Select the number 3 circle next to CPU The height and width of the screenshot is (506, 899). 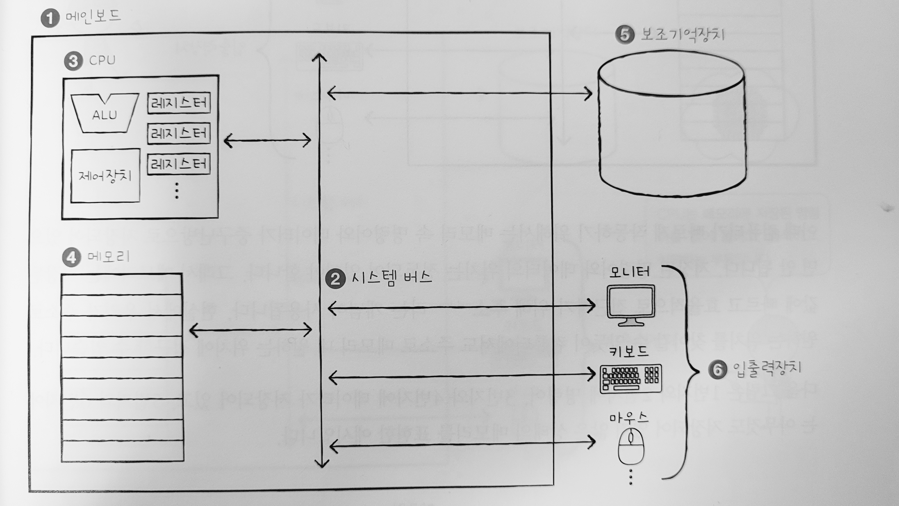(x=73, y=61)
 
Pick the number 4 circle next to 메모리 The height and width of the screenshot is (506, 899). (x=72, y=258)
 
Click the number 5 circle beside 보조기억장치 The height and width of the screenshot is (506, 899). (x=625, y=35)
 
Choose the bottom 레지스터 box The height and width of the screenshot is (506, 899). (x=179, y=164)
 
